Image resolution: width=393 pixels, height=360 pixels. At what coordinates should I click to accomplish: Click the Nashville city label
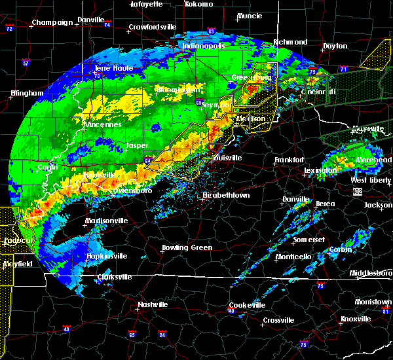click(153, 305)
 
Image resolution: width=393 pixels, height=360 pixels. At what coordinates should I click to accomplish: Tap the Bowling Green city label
click(187, 248)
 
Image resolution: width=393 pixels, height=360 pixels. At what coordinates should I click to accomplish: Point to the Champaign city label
click(52, 22)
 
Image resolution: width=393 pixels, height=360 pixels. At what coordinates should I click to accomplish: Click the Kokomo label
click(199, 4)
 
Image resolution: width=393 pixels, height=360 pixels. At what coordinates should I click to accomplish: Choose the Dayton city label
click(335, 46)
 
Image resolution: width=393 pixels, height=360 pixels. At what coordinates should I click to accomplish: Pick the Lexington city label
click(320, 171)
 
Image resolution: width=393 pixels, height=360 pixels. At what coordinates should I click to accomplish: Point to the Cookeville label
click(246, 306)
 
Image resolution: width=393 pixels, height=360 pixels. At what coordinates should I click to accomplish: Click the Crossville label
click(278, 320)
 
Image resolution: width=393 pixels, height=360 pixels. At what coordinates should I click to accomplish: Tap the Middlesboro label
click(370, 272)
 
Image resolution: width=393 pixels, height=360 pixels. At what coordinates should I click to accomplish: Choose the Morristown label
click(373, 302)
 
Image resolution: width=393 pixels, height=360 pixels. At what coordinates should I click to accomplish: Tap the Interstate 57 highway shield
click(26, 63)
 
